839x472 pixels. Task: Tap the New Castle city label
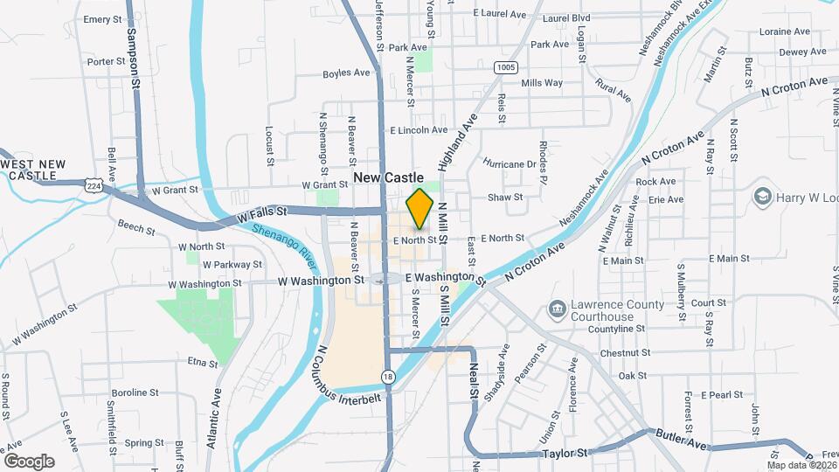click(x=389, y=177)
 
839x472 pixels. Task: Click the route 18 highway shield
click(x=387, y=376)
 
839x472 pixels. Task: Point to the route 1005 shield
click(x=503, y=66)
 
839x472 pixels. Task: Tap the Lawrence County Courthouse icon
click(x=556, y=309)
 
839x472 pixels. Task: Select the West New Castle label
click(x=33, y=170)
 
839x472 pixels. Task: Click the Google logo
click(x=29, y=461)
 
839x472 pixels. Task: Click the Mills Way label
click(x=542, y=83)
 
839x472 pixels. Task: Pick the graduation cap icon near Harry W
click(x=762, y=196)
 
